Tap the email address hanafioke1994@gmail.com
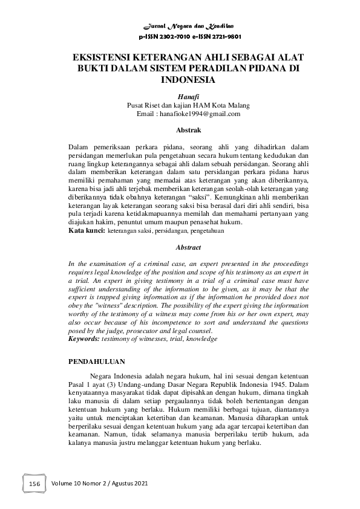[198, 113]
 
